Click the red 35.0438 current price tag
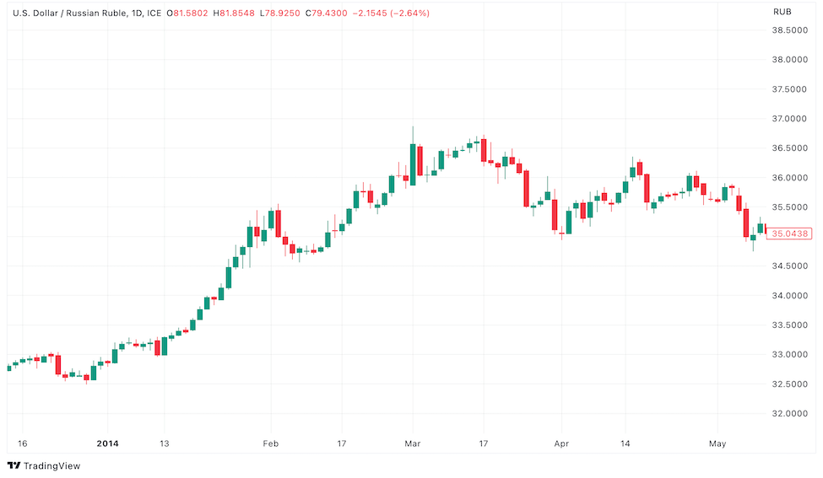(791, 234)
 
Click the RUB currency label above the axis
(782, 12)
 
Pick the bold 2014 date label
(107, 443)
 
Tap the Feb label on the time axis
(271, 443)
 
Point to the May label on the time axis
(717, 443)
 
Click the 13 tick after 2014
(165, 443)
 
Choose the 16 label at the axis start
(23, 443)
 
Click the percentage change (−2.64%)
(405, 13)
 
